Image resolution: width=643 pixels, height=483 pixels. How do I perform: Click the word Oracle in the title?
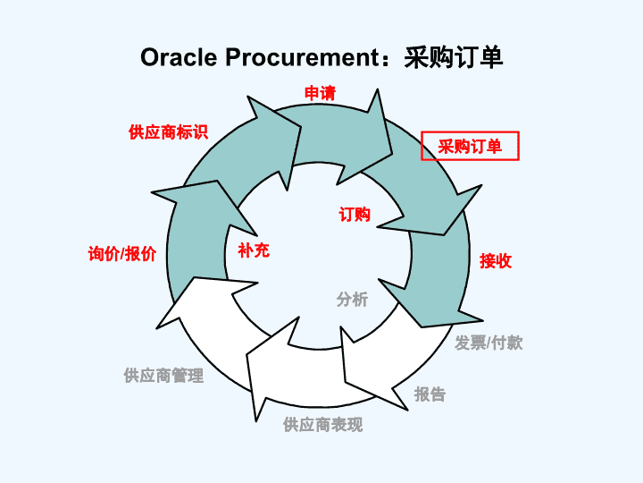179,57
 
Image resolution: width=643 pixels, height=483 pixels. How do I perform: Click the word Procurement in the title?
302,57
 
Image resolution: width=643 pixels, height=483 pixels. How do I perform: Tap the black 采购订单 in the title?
453,57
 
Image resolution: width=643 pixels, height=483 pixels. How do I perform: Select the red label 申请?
320,94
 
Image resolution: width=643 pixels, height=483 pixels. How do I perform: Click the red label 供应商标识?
168,132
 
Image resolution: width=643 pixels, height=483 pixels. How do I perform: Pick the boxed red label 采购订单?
470,146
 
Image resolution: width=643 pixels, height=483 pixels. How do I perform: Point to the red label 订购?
355,215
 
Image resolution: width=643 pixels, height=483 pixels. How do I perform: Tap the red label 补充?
254,250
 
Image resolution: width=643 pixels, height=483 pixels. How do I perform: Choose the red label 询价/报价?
121,254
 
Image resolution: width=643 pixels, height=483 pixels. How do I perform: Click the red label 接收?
496,261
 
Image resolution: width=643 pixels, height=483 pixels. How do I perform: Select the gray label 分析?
352,300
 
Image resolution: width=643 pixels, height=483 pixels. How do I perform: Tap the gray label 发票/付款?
489,343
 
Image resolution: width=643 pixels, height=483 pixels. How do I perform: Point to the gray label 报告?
430,394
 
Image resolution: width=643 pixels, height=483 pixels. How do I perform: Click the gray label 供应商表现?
322,425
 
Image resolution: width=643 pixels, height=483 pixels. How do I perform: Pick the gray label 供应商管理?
163,376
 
